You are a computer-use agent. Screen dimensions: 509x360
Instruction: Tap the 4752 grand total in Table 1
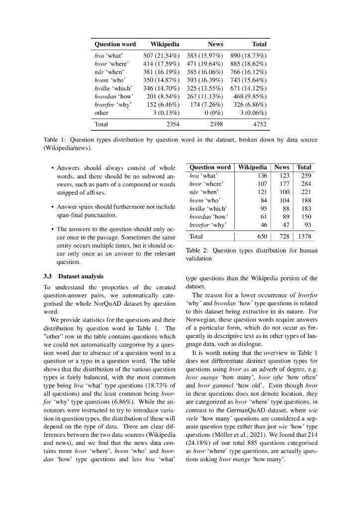tap(259, 124)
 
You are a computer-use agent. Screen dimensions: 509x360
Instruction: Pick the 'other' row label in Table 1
tap(101, 113)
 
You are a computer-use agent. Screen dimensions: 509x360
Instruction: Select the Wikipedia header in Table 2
tap(253, 168)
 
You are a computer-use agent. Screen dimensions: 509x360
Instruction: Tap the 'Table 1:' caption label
tap(55, 140)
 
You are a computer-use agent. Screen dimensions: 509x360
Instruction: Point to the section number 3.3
tap(48, 276)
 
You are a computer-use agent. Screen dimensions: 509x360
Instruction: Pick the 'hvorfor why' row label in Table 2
tap(208, 225)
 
